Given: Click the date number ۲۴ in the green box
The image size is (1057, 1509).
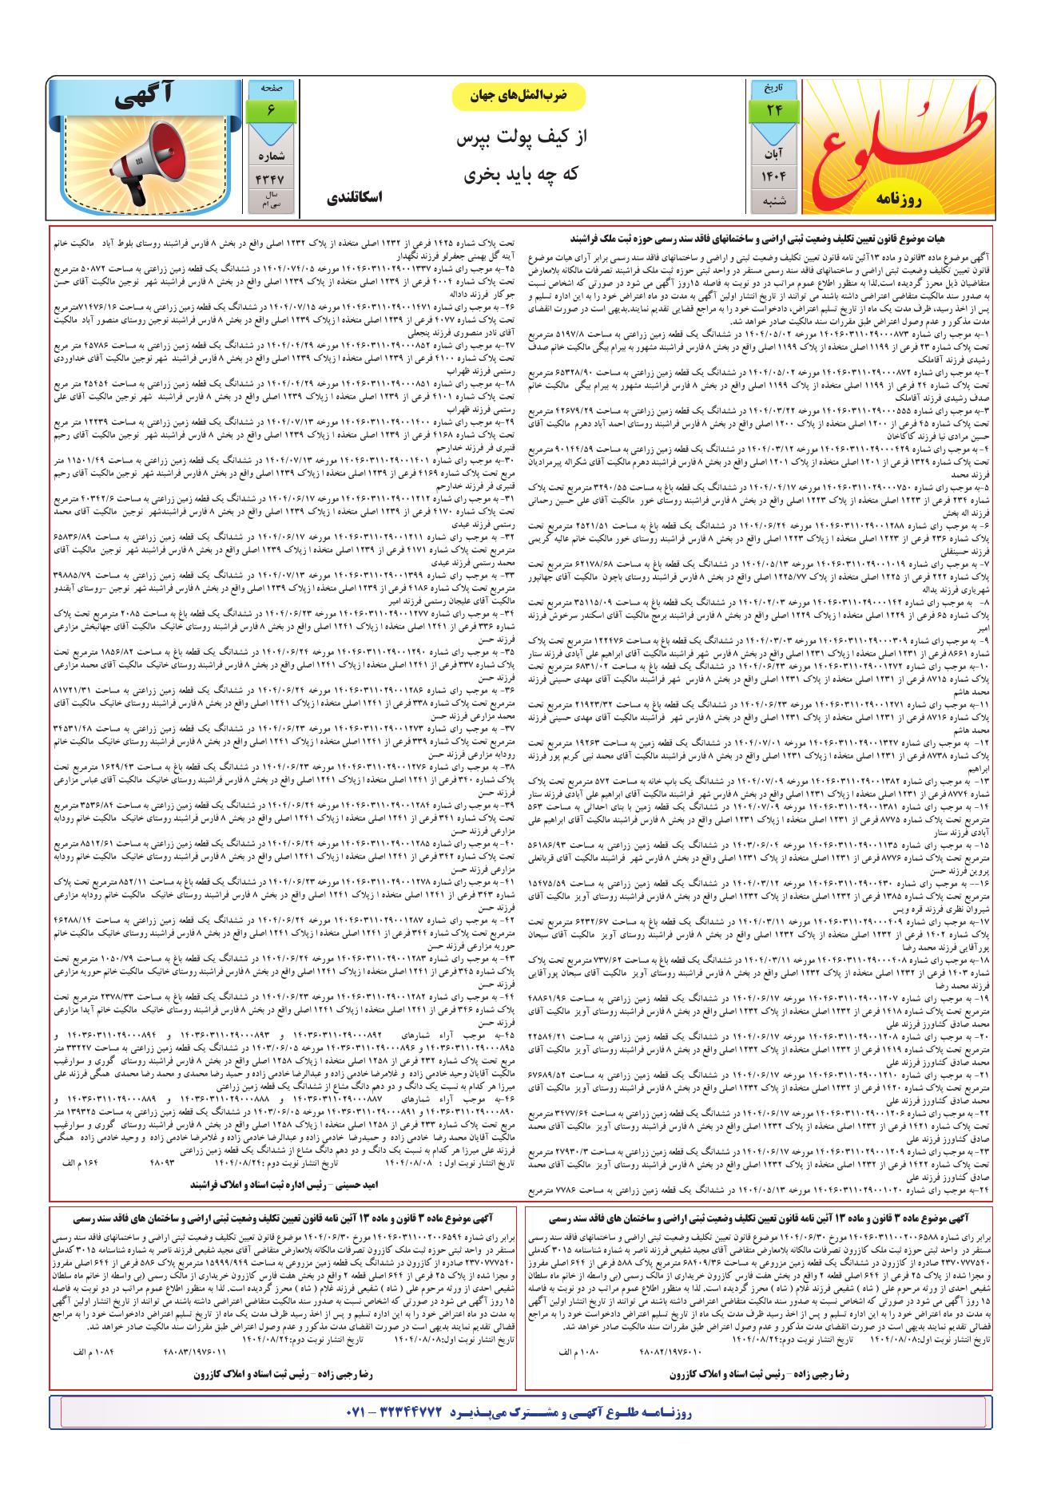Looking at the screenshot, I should coord(773,110).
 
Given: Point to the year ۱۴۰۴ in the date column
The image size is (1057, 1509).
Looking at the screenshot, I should coord(773,176).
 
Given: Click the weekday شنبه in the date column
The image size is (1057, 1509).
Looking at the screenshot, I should coord(773,201).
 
